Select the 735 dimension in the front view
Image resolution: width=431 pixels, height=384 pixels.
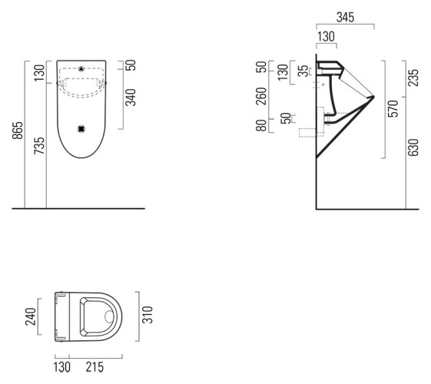[39, 146]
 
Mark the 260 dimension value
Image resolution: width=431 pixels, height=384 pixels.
[262, 98]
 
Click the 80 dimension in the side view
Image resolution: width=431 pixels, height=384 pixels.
[262, 124]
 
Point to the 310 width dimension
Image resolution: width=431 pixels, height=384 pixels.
[151, 315]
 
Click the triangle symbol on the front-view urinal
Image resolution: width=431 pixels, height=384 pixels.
[81, 68]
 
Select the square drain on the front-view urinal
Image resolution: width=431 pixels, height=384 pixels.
[81, 128]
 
